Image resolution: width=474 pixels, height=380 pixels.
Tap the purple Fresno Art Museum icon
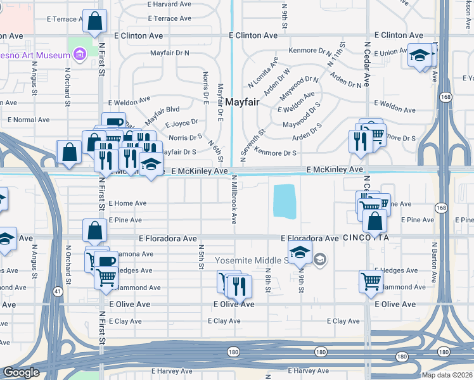point(80,56)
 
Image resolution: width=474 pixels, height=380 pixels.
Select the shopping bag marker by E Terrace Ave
point(94,22)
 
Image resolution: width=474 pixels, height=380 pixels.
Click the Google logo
point(20,372)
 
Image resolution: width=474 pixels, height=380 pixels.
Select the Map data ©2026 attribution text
point(446,375)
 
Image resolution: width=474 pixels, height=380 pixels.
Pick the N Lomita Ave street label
point(263,72)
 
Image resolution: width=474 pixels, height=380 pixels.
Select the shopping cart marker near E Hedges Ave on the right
point(371,281)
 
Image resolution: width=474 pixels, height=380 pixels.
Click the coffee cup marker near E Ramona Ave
point(107,261)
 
